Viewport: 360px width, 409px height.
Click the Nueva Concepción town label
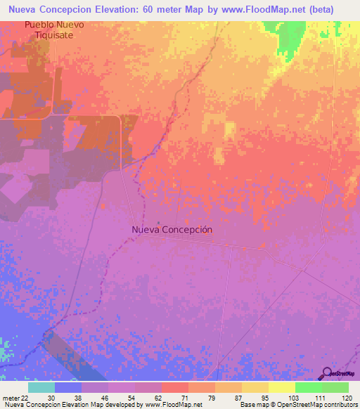pyautogui.click(x=172, y=230)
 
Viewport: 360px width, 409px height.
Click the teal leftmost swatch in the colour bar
pyautogui.click(x=41, y=387)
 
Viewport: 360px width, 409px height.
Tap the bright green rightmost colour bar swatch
pyautogui.click(x=335, y=387)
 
